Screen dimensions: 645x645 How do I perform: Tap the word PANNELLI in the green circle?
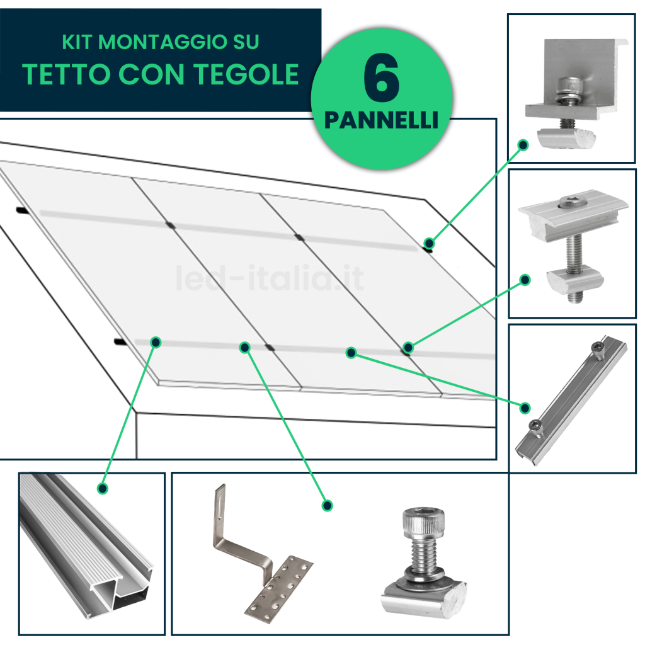click(x=381, y=120)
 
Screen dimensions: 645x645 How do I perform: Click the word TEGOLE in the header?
click(x=246, y=74)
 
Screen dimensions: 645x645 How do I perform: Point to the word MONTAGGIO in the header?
click(x=163, y=42)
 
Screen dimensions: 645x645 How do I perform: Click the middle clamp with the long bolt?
click(x=573, y=245)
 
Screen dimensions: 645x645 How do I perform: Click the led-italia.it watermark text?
click(x=270, y=278)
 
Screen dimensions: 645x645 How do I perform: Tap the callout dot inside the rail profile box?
click(x=103, y=488)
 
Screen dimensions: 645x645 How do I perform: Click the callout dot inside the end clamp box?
click(x=523, y=145)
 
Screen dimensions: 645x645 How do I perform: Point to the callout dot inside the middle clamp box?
click(x=525, y=280)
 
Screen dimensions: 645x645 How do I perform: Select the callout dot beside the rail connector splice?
click(x=525, y=408)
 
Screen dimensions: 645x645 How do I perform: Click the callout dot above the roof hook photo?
click(x=327, y=506)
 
